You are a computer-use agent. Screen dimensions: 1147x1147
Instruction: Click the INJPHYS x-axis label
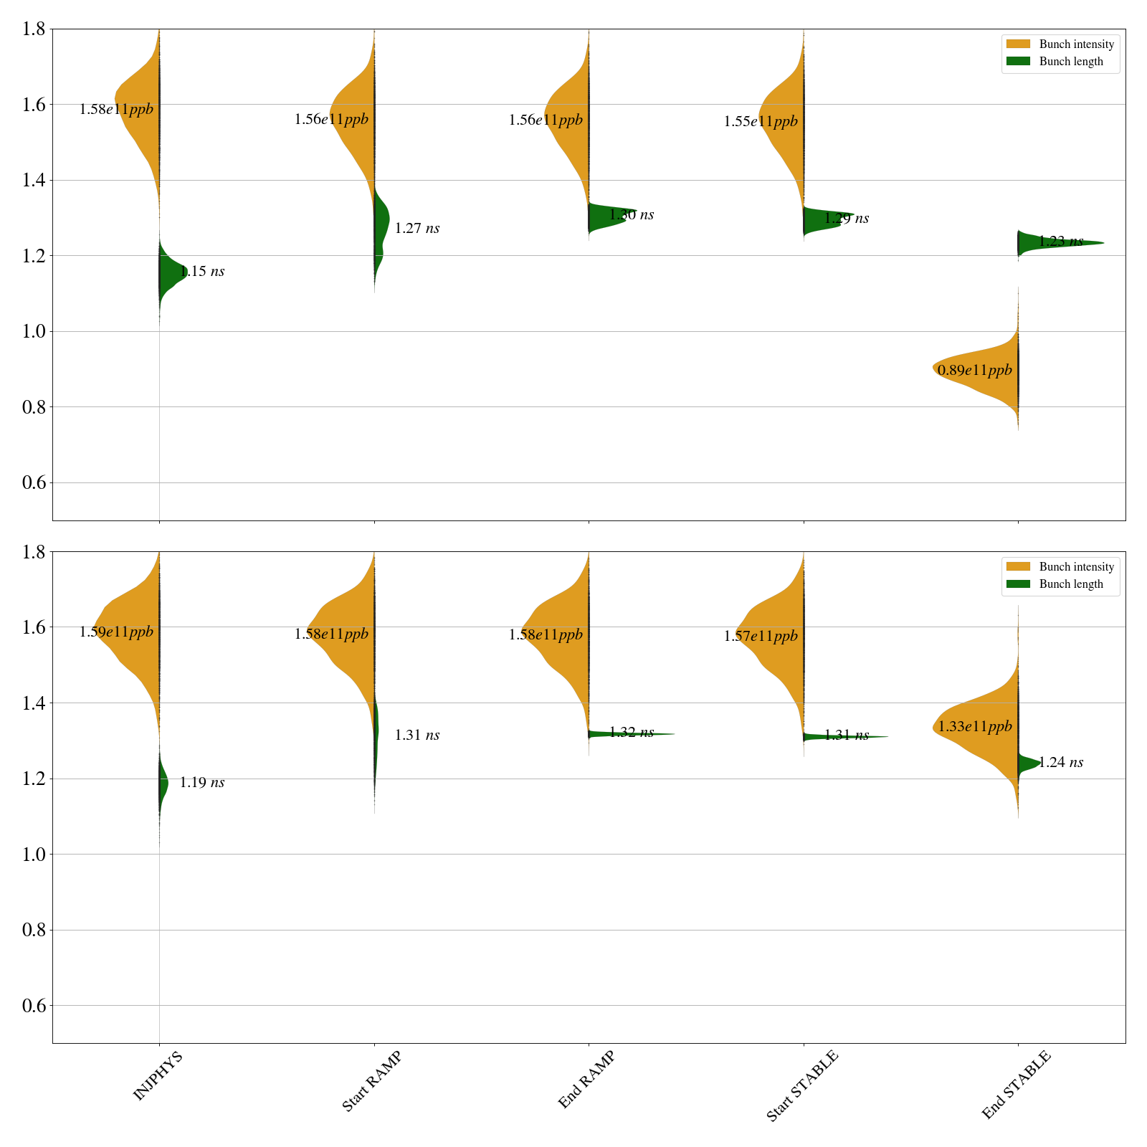click(158, 1075)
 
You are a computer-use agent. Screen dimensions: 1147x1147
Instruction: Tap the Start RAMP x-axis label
click(371, 1081)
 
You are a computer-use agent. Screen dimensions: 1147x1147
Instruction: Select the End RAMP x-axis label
click(586, 1080)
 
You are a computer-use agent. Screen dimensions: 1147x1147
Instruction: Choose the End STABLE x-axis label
click(1016, 1084)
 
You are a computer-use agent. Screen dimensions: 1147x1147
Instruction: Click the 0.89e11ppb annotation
click(975, 371)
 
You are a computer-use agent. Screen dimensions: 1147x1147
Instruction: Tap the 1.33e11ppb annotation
click(975, 727)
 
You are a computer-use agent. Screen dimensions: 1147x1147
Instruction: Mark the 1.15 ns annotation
click(202, 272)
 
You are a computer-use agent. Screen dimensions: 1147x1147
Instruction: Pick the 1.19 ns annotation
click(202, 783)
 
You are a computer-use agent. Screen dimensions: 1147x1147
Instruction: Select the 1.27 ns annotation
click(417, 229)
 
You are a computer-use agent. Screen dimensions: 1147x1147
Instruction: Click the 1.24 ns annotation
click(1061, 763)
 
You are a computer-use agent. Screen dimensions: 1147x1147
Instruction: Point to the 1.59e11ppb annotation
click(116, 632)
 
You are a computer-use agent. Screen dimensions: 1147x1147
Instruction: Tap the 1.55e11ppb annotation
click(761, 122)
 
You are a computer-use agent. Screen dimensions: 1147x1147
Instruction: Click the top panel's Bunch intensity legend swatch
click(1018, 44)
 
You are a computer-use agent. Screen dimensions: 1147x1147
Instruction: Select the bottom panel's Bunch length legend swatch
click(1018, 584)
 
